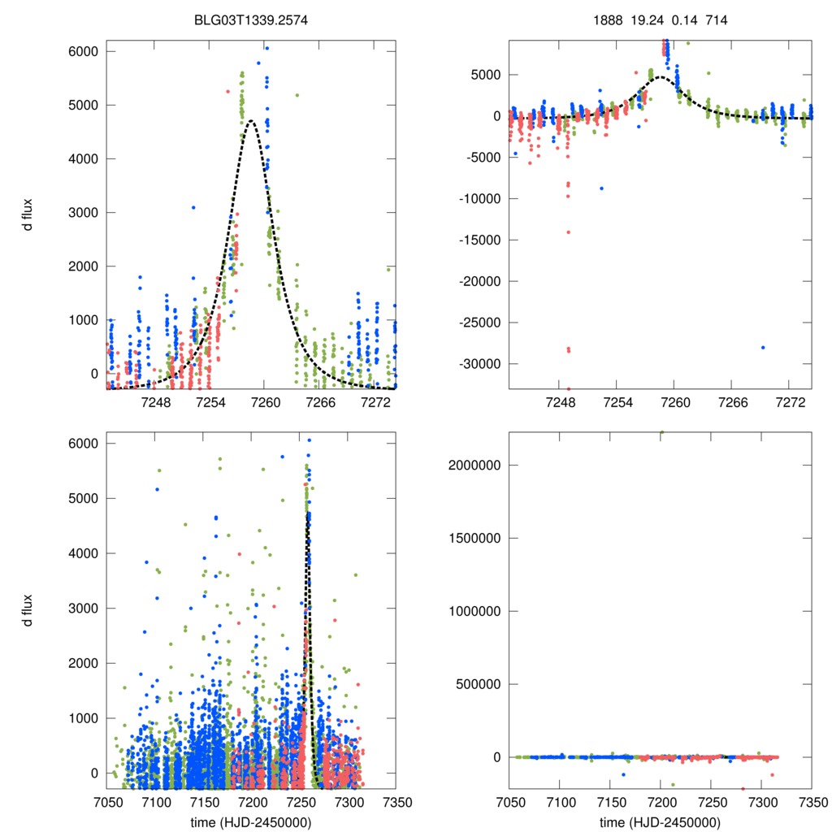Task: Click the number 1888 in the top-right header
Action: [609, 20]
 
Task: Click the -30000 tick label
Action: [478, 363]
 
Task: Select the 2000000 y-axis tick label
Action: [474, 466]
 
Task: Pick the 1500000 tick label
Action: [474, 538]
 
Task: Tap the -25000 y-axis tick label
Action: [478, 322]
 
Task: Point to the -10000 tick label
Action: [478, 198]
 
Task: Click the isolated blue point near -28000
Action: [763, 347]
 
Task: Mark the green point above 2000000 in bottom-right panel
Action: [661, 433]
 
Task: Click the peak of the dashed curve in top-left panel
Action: [250, 121]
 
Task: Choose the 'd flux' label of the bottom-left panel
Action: [28, 609]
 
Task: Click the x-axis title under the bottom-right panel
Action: [660, 822]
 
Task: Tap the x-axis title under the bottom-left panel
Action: [250, 822]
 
